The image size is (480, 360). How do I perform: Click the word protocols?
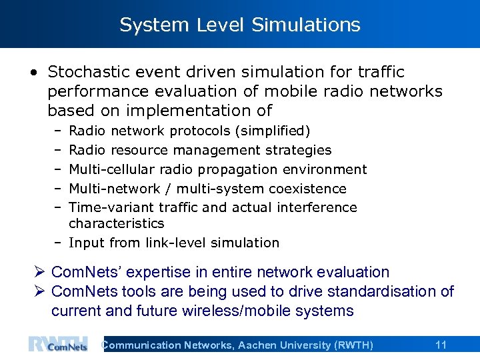click(202, 131)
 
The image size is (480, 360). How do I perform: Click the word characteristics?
click(116, 223)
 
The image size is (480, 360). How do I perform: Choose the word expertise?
click(165, 273)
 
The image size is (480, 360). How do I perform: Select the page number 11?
click(441, 345)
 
